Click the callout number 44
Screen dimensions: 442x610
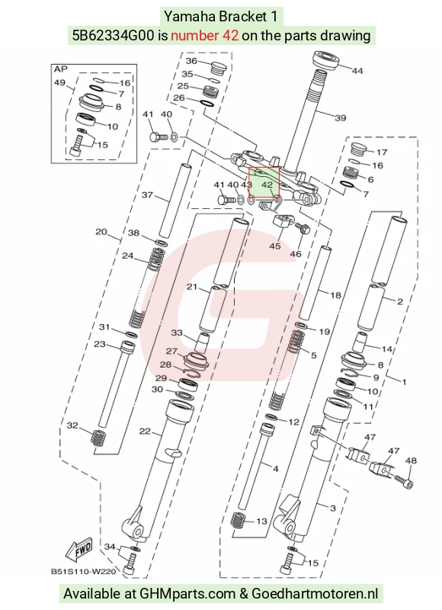[357, 70]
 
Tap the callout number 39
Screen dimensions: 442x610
[340, 117]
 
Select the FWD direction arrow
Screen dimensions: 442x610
[79, 549]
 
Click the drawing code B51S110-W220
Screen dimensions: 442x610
[84, 572]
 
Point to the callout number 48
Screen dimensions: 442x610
[411, 461]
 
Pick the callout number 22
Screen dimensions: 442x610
[145, 431]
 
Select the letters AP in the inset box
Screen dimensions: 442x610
[60, 69]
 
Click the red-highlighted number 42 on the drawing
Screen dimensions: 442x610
[267, 185]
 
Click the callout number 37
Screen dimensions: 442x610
[147, 194]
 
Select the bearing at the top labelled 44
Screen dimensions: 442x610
[327, 61]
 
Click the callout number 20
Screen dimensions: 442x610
[101, 232]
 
